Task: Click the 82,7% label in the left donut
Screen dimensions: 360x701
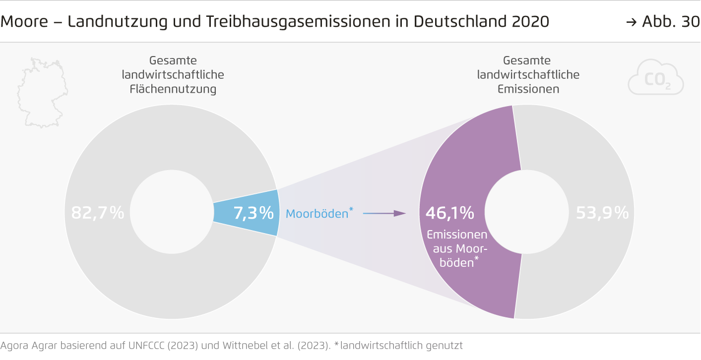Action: coord(97,213)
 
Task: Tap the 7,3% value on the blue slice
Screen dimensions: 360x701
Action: coord(254,213)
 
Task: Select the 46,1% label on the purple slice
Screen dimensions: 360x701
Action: coord(449,213)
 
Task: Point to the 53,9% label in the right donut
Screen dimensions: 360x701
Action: coord(602,213)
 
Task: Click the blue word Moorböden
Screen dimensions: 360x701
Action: coord(317,214)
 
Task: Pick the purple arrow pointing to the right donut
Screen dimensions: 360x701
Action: coord(384,213)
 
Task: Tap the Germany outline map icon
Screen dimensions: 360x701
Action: coord(42,92)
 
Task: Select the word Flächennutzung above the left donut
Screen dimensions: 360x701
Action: coord(173,89)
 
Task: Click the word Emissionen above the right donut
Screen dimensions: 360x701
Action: coord(528,89)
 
